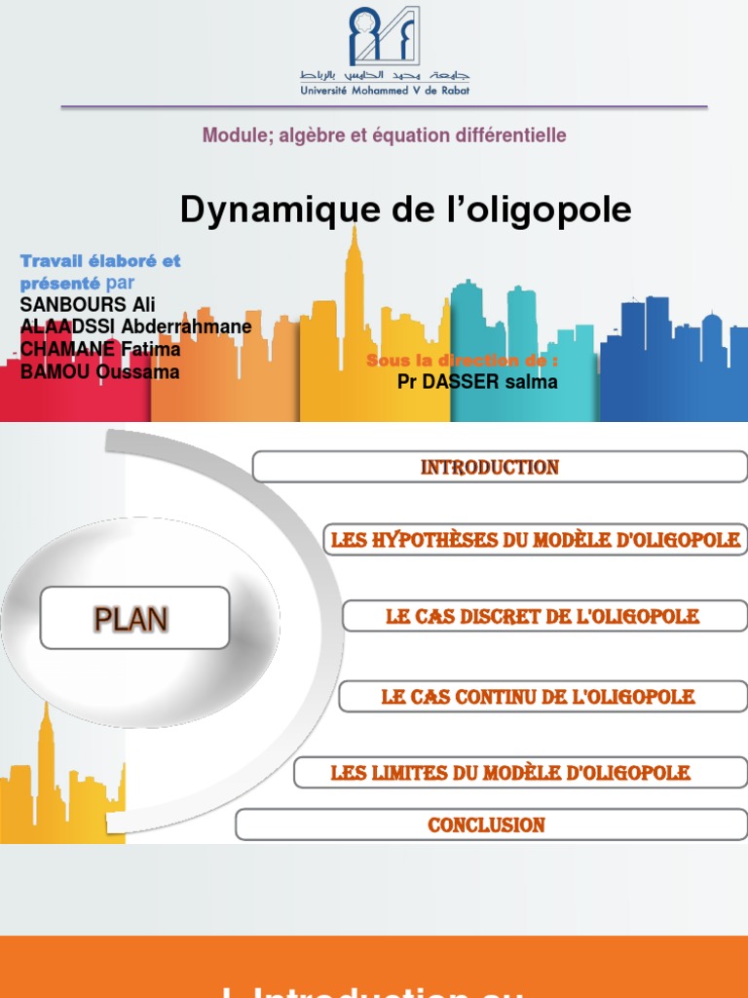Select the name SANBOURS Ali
(x=88, y=304)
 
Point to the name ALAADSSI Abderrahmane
(x=135, y=326)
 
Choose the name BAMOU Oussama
(x=99, y=371)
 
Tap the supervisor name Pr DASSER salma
(x=477, y=382)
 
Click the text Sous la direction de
(x=463, y=361)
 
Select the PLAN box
(x=134, y=619)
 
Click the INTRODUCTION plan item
(x=490, y=468)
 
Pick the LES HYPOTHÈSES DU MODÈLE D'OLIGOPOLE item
(x=536, y=540)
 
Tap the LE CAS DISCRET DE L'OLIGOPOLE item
(x=543, y=617)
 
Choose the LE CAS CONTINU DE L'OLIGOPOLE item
(x=539, y=697)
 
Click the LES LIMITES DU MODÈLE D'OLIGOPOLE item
(x=510, y=773)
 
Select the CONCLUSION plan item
(x=486, y=825)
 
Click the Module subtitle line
(x=384, y=135)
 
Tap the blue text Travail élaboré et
(x=100, y=261)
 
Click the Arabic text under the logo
(x=384, y=75)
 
